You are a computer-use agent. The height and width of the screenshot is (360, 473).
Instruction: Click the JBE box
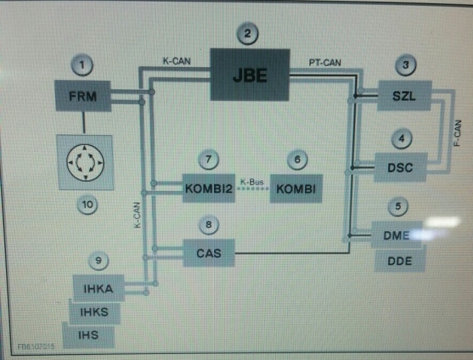250,74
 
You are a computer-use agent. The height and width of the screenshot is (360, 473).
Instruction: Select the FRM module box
82,96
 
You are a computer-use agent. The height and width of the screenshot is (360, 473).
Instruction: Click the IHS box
89,335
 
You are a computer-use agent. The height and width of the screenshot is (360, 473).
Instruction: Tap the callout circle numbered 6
297,159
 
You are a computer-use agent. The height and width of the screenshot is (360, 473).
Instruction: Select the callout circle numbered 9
98,259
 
